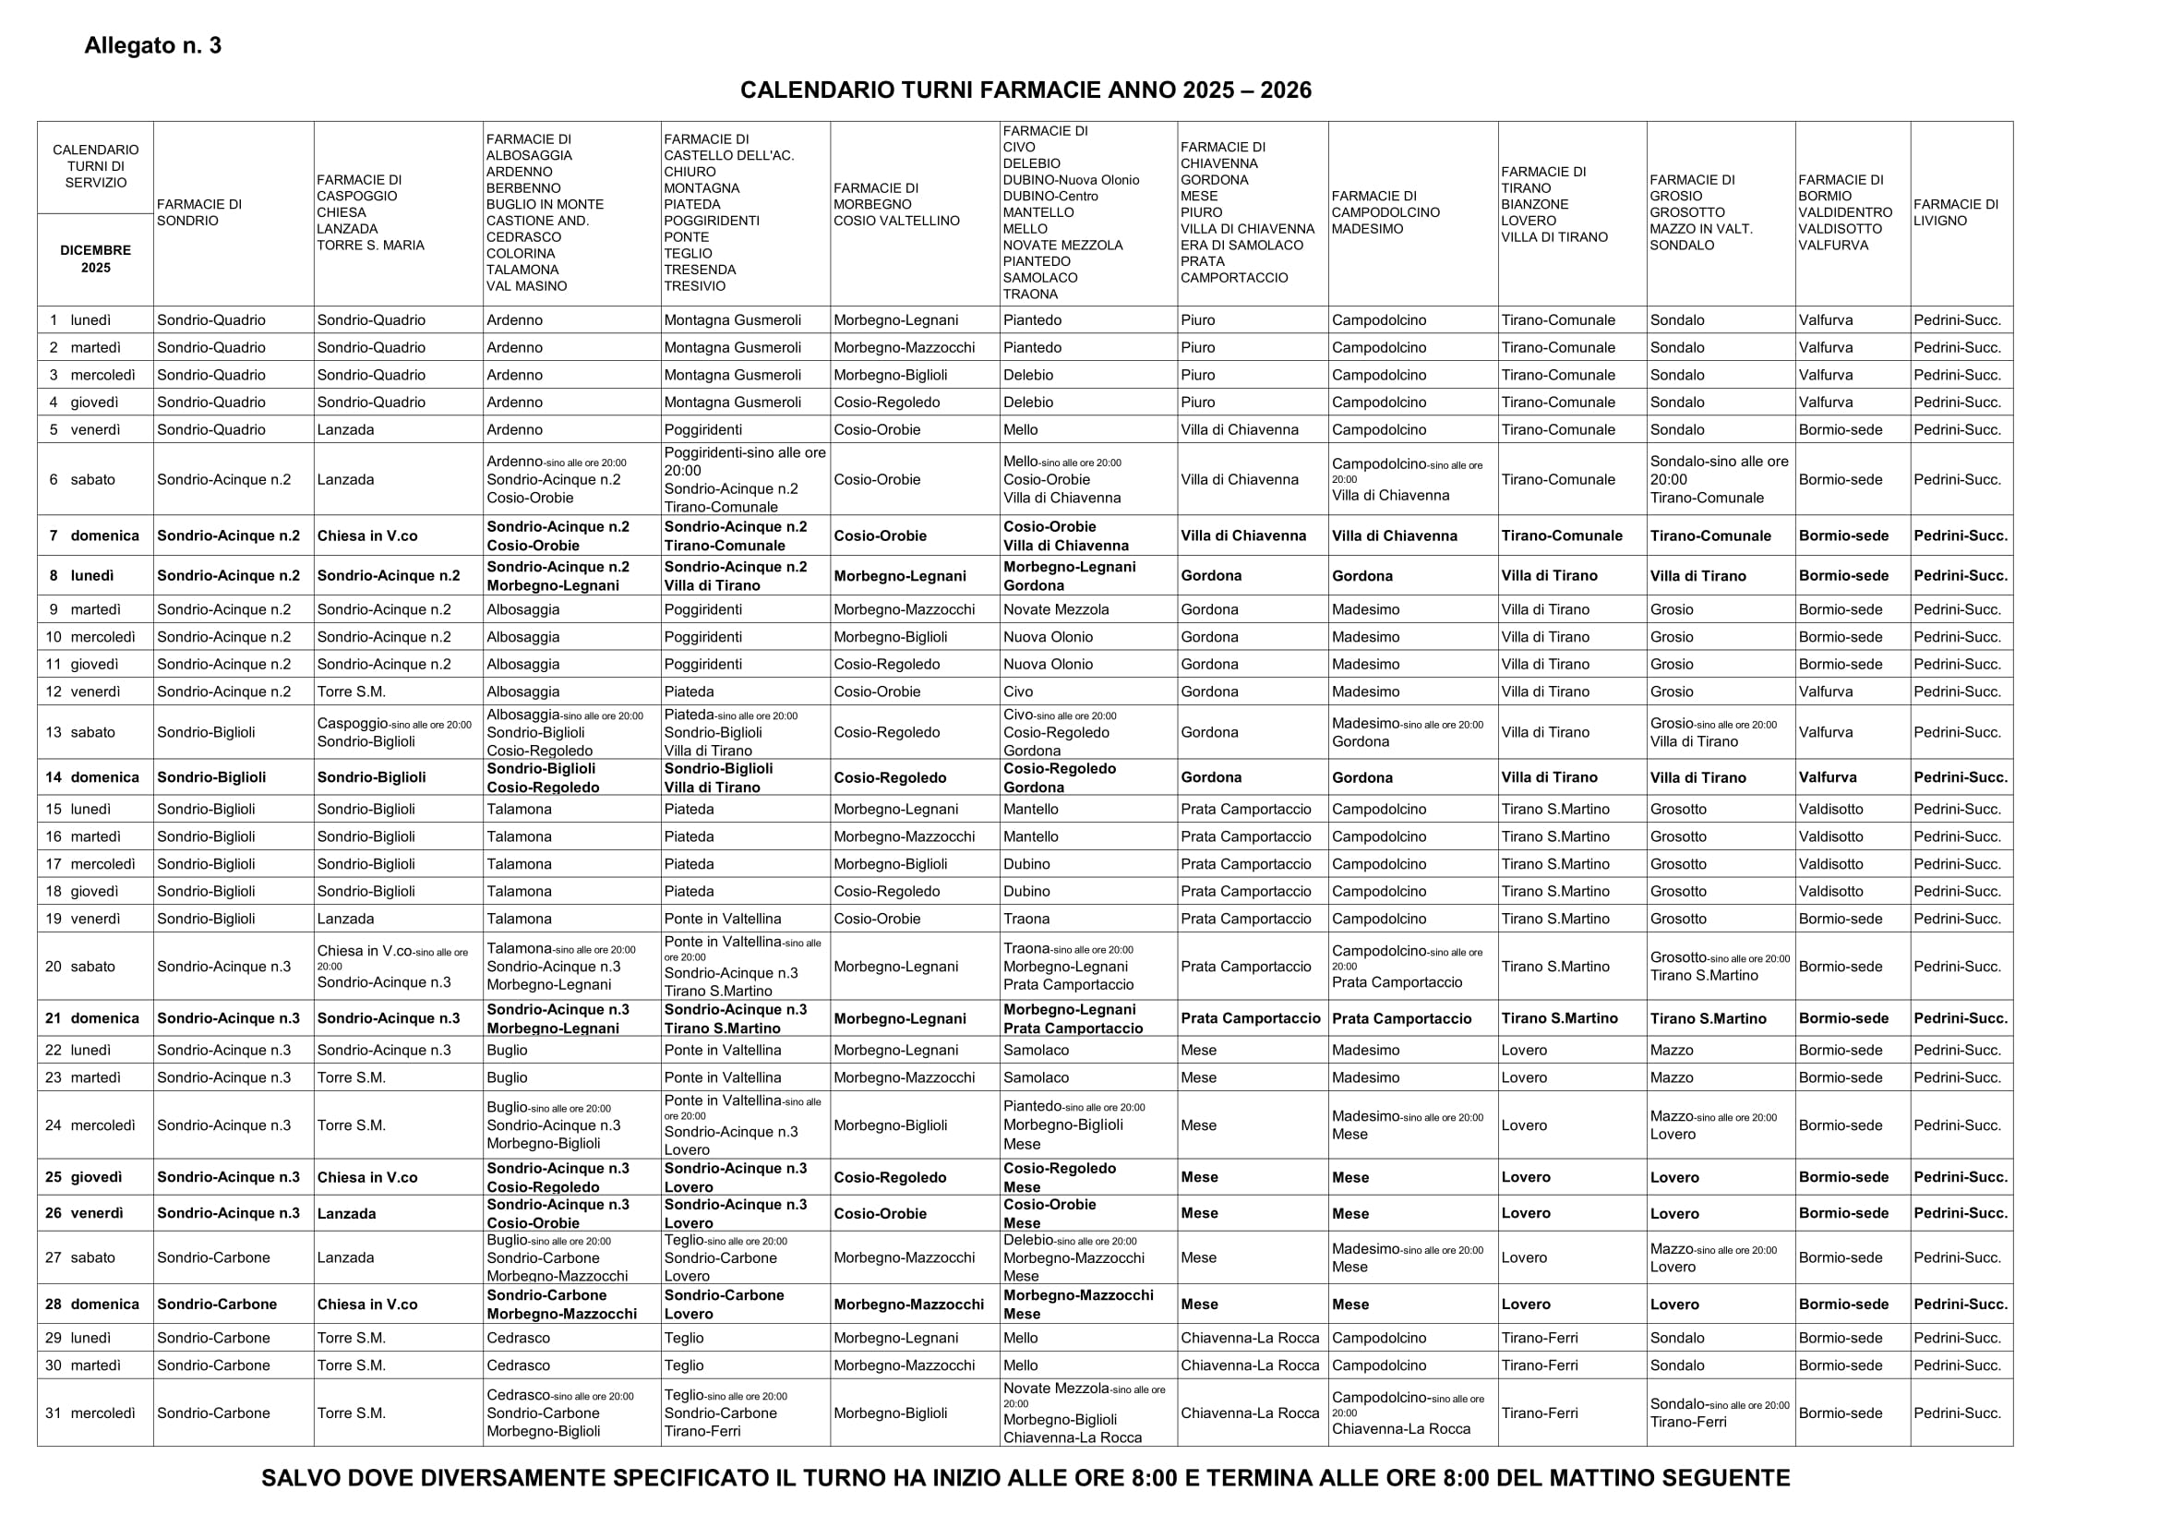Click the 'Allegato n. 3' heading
pos(152,46)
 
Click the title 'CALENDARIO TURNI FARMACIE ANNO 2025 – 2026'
pos(1025,90)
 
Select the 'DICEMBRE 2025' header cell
pos(95,259)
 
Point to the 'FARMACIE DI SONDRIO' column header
pos(199,212)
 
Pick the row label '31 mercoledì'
pos(90,1413)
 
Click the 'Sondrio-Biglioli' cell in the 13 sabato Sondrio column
pos(206,732)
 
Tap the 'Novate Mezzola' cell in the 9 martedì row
pos(1056,609)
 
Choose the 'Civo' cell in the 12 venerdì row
pos(1018,692)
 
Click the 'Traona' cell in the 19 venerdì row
pos(1026,919)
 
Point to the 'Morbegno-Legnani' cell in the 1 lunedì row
pos(895,320)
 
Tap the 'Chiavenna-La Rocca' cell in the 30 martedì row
pos(1250,1365)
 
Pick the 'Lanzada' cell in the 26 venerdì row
pos(346,1214)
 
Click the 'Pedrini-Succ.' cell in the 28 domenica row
pos(1960,1305)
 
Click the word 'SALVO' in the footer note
pos(298,1478)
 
